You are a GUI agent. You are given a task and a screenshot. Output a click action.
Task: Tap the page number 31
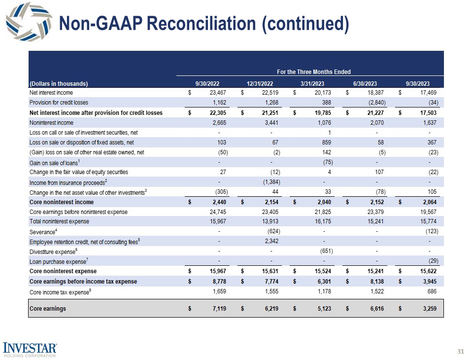click(461, 351)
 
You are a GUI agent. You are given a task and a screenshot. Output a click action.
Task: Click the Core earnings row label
click(48, 309)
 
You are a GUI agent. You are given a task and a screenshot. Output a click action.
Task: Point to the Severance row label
click(43, 231)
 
